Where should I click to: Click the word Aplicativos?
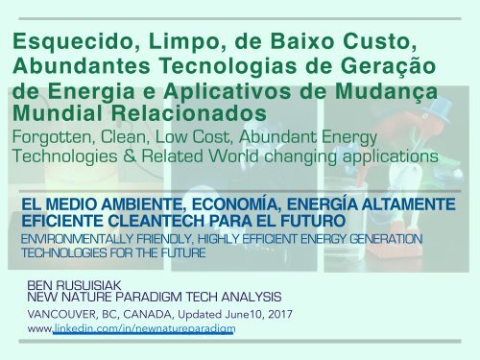228,91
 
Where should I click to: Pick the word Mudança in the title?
386,92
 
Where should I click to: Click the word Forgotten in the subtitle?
54,137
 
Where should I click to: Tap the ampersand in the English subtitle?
130,156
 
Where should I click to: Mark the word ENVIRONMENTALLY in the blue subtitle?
76,239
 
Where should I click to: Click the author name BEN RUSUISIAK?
74,285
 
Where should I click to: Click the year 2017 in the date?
280,314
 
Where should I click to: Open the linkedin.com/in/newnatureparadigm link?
144,328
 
